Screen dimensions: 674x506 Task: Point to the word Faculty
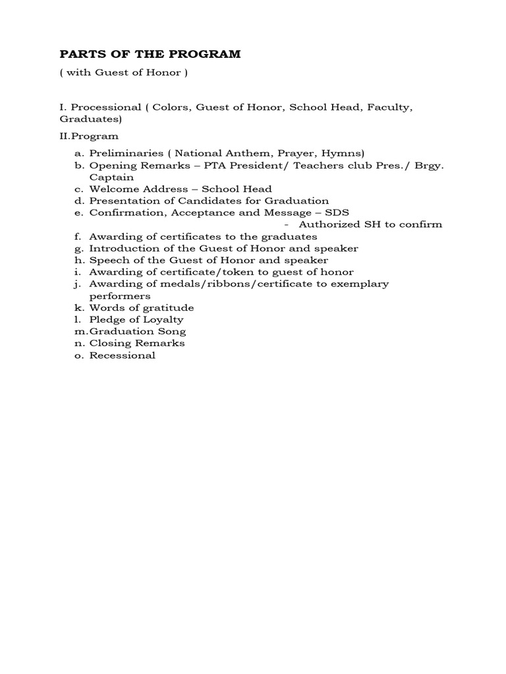(x=389, y=107)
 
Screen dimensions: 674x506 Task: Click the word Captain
(x=111, y=177)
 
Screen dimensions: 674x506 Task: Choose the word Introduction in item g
(x=121, y=248)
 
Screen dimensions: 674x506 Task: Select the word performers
(x=117, y=296)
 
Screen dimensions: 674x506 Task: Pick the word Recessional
(x=123, y=355)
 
